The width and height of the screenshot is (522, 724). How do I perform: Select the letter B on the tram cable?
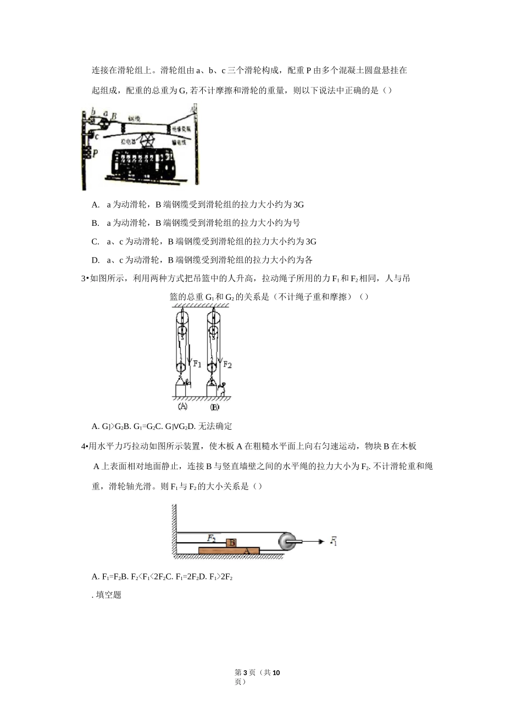pyautogui.click(x=114, y=116)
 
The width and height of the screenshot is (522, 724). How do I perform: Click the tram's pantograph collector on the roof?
pyautogui.click(x=147, y=140)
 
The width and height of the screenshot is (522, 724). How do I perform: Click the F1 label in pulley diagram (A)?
pyautogui.click(x=197, y=363)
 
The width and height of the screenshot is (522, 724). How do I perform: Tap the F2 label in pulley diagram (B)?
pyautogui.click(x=227, y=364)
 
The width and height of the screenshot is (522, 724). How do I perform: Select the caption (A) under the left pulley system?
pyautogui.click(x=183, y=406)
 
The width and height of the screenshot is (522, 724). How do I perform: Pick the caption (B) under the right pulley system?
pyautogui.click(x=214, y=407)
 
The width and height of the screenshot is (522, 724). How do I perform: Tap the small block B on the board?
pyautogui.click(x=232, y=543)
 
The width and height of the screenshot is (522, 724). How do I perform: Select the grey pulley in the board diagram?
pyautogui.click(x=287, y=541)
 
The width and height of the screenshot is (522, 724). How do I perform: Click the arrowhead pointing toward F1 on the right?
pyautogui.click(x=320, y=541)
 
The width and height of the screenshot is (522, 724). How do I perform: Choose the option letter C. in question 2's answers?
pyautogui.click(x=96, y=242)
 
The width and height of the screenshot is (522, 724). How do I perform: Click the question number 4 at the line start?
pyautogui.click(x=83, y=446)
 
